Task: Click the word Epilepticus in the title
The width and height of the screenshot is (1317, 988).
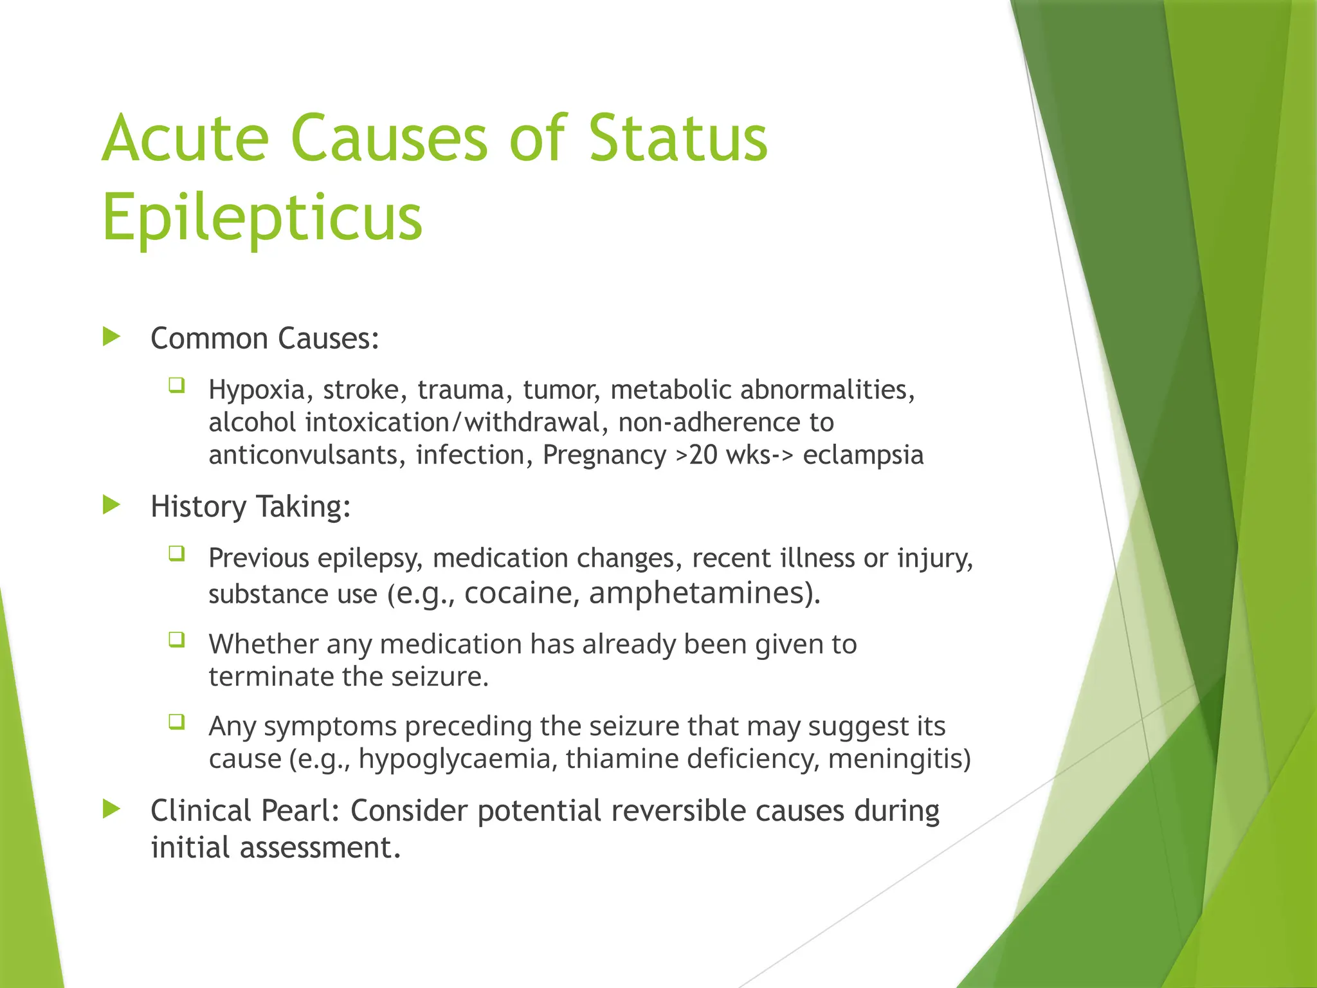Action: pyautogui.click(x=262, y=217)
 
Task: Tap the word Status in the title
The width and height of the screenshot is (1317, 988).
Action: pyautogui.click(x=678, y=138)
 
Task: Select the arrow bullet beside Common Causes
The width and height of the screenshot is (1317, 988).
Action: pyautogui.click(x=112, y=336)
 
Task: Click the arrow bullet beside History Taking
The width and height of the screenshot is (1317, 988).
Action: pyautogui.click(x=112, y=505)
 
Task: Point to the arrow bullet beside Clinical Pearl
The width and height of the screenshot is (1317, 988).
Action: pyautogui.click(x=112, y=809)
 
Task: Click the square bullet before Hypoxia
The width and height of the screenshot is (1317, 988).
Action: pyautogui.click(x=177, y=386)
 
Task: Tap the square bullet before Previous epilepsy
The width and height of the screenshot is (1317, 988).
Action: pyautogui.click(x=177, y=554)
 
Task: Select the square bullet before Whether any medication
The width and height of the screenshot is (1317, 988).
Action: pyautogui.click(x=177, y=640)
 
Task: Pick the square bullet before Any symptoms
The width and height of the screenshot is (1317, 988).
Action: pyautogui.click(x=177, y=722)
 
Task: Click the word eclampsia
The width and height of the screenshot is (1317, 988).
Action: pyautogui.click(x=863, y=455)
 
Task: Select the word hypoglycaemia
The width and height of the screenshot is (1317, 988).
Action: pyautogui.click(x=455, y=759)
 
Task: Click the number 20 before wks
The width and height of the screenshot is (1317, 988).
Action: pyautogui.click(x=703, y=455)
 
